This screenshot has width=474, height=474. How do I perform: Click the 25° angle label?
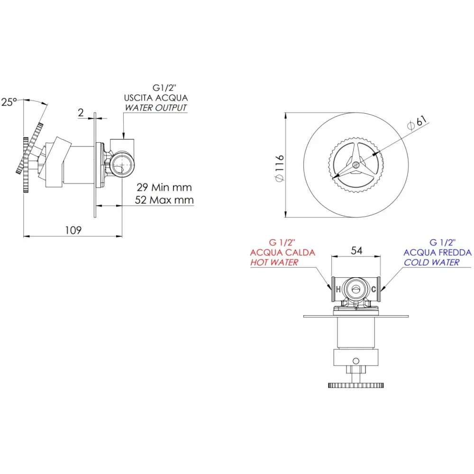(9, 102)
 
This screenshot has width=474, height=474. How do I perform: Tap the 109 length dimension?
(73, 230)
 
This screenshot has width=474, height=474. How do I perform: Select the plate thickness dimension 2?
(81, 113)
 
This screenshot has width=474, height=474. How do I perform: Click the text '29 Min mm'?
(164, 187)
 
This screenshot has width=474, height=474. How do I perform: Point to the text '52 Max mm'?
(164, 200)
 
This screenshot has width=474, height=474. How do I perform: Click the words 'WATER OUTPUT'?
(156, 108)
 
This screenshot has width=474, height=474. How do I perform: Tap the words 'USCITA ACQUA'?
(156, 98)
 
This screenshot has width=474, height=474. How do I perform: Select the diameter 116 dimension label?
(280, 168)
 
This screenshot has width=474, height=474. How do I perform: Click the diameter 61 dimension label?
(417, 122)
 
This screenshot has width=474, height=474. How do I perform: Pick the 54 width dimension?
(357, 251)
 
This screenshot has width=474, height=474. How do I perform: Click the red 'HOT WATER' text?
(274, 263)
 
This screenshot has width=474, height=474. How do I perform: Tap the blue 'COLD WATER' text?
(432, 263)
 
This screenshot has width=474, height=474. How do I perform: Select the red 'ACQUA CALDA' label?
(283, 253)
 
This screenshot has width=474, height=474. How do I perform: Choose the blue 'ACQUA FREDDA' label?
(438, 253)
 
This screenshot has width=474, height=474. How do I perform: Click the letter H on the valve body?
(338, 289)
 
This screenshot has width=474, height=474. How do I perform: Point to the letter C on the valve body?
(374, 289)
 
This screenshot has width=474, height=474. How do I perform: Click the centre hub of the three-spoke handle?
(356, 165)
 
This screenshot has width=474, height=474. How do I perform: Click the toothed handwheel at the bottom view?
(356, 385)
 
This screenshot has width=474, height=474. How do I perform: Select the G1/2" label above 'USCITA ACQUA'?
(164, 88)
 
